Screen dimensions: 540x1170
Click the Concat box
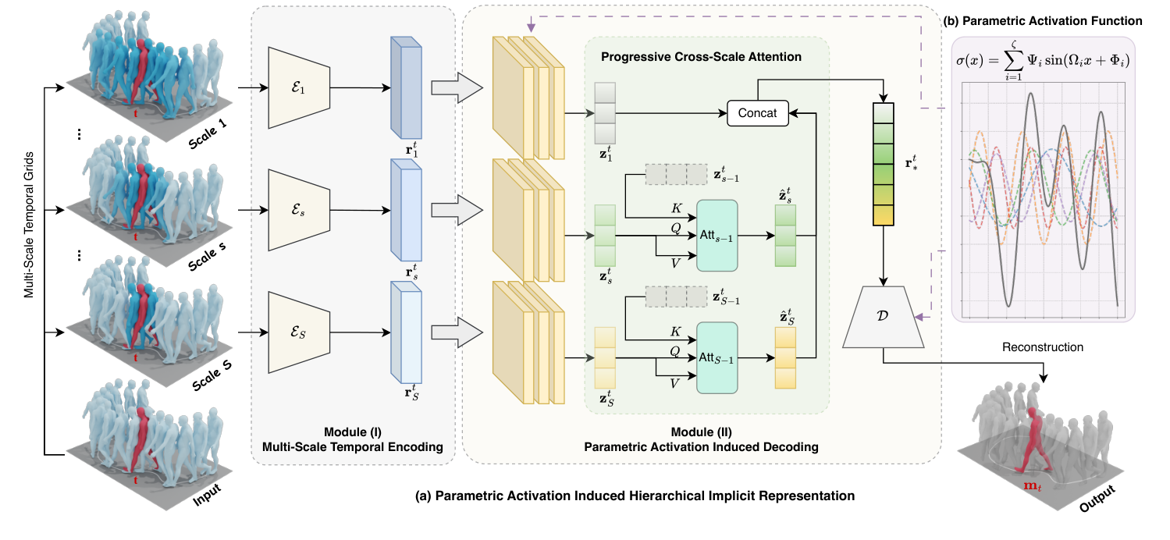click(x=756, y=112)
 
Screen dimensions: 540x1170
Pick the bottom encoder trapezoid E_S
click(x=299, y=332)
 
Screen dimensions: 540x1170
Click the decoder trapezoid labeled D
click(x=884, y=316)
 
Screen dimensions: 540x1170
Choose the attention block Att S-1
click(x=716, y=357)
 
